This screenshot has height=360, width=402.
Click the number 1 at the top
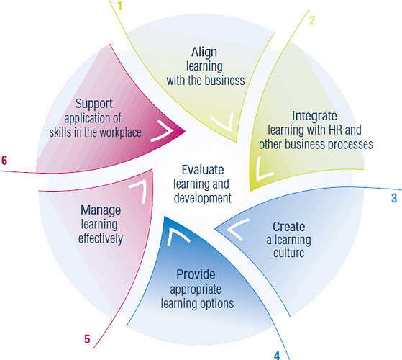(x=119, y=6)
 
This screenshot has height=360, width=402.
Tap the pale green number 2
(x=312, y=21)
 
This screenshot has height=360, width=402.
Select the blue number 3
(x=394, y=198)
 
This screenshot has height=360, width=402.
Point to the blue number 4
(x=277, y=356)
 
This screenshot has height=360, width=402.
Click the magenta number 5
(x=87, y=339)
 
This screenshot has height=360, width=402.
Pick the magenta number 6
(x=4, y=161)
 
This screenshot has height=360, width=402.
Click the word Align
(x=204, y=53)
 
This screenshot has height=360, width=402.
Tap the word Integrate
(x=314, y=116)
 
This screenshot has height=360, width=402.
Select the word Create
(x=288, y=227)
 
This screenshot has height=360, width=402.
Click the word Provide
(x=196, y=274)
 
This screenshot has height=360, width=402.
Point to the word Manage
(x=101, y=210)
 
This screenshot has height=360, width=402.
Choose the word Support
(x=94, y=104)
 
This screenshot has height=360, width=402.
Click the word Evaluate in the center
(x=203, y=170)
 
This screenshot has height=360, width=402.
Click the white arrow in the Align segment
(x=224, y=122)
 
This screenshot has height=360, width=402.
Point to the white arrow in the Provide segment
(x=177, y=235)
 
